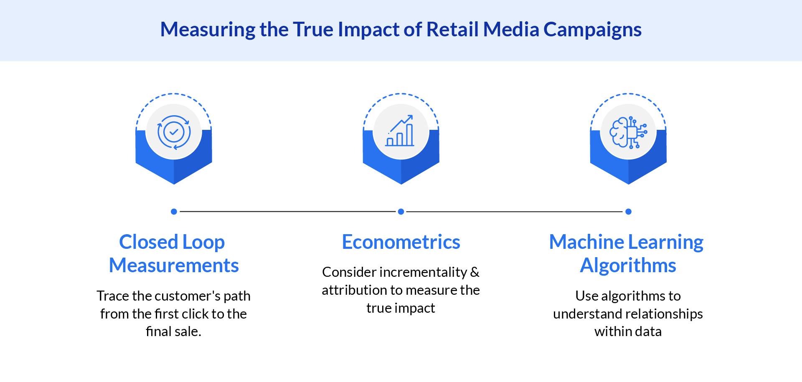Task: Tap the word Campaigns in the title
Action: click(x=592, y=30)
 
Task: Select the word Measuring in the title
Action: click(x=208, y=30)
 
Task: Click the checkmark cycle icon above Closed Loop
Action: click(x=174, y=132)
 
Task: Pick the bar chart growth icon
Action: click(x=401, y=131)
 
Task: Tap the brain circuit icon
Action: click(x=628, y=132)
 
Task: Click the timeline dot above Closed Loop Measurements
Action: click(x=174, y=212)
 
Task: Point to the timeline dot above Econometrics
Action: click(x=401, y=212)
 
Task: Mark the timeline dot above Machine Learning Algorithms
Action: click(x=628, y=212)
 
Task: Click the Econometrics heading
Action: click(x=401, y=242)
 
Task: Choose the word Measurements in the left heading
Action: click(x=174, y=266)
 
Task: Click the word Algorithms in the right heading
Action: click(x=628, y=266)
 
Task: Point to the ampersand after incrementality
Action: click(x=475, y=272)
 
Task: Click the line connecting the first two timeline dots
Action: click(x=287, y=212)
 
